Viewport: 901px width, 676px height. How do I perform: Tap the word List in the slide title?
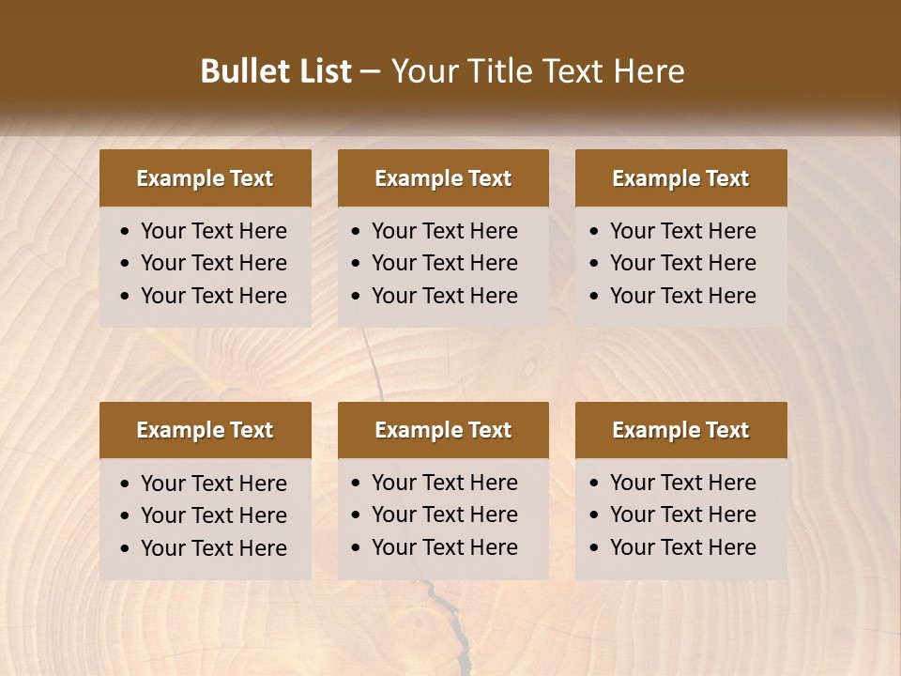coord(321,71)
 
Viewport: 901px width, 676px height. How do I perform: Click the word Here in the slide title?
coord(649,71)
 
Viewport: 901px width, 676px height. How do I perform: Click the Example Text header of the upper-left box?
coord(205,178)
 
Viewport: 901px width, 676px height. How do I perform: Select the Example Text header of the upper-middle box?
coord(443,178)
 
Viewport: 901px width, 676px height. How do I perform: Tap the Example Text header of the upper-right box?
coord(680,178)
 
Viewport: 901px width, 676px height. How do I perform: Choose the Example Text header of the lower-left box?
coord(205,430)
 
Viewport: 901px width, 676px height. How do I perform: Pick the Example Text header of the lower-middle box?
coord(443,430)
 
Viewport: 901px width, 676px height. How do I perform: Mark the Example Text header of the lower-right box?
coord(680,430)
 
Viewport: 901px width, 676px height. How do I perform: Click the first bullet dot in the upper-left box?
coord(126,232)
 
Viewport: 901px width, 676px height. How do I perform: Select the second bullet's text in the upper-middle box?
coord(444,263)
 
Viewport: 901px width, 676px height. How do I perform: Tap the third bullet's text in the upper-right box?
coord(682,296)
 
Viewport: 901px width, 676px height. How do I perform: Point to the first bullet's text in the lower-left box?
coord(213,484)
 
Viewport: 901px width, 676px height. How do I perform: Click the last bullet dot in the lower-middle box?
coord(356,548)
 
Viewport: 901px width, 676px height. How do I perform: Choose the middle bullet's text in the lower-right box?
coord(682,515)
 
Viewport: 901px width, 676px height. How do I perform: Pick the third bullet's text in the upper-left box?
coord(213,296)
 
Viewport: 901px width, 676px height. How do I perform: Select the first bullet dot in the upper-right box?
coord(595,232)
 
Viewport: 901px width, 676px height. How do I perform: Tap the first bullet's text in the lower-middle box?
coord(444,483)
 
